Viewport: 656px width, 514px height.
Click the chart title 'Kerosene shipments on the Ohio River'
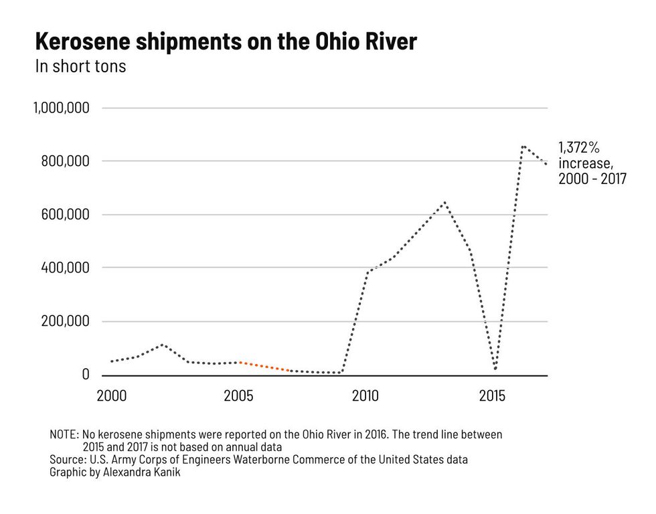pyautogui.click(x=226, y=42)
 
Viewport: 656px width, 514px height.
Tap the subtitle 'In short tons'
pyautogui.click(x=80, y=66)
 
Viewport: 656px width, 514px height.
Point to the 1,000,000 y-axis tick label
pyautogui.click(x=62, y=108)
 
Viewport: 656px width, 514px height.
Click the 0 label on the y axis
pyautogui.click(x=86, y=374)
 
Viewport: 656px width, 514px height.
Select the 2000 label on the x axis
pyautogui.click(x=112, y=396)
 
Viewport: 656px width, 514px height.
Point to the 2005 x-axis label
pyautogui.click(x=238, y=396)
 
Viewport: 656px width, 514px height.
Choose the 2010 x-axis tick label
pyautogui.click(x=365, y=396)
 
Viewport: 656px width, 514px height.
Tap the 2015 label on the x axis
pyautogui.click(x=492, y=396)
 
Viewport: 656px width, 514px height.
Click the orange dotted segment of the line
pyautogui.click(x=264, y=367)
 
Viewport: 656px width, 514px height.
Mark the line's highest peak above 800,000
pyautogui.click(x=522, y=146)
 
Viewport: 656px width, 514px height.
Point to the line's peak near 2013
pyautogui.click(x=444, y=202)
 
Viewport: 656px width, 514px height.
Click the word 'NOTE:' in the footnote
pyautogui.click(x=64, y=434)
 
